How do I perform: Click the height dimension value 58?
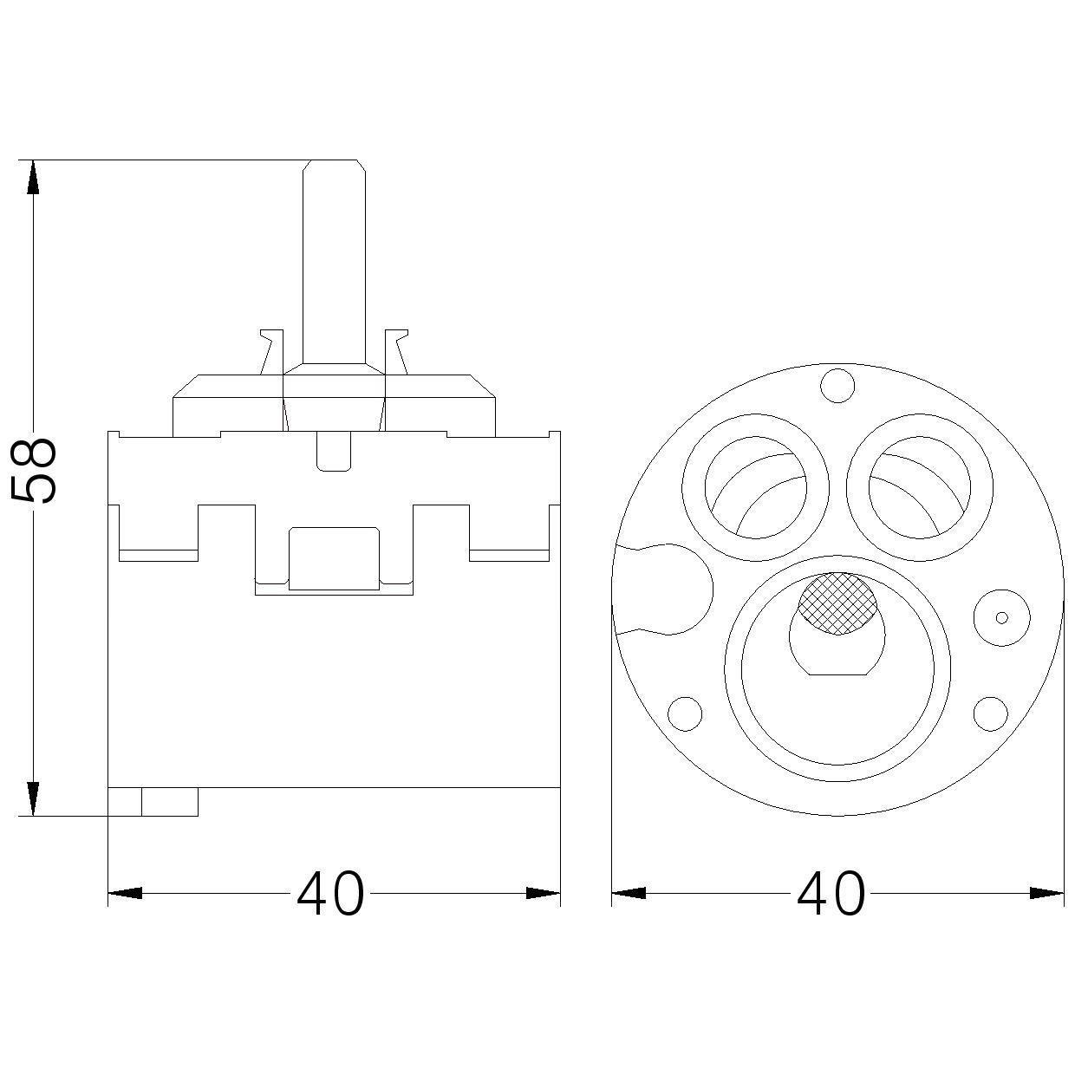click(x=34, y=470)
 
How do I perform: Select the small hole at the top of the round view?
click(x=837, y=386)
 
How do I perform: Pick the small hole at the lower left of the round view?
click(x=685, y=713)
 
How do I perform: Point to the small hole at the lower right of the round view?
click(x=991, y=713)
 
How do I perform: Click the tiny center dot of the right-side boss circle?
click(x=1002, y=617)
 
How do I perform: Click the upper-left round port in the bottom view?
click(x=755, y=487)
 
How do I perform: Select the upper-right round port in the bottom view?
click(x=919, y=487)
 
